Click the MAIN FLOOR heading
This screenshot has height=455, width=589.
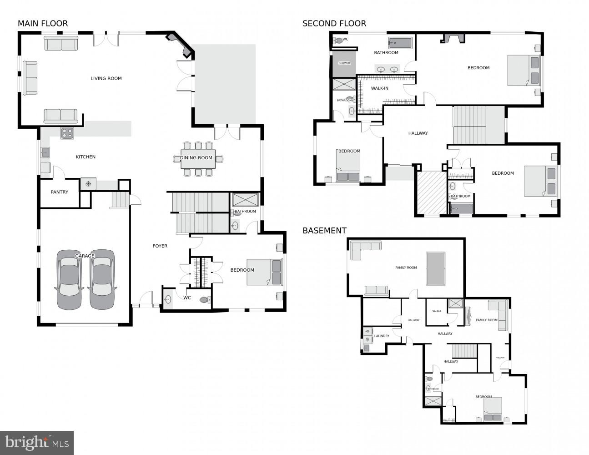coord(43,24)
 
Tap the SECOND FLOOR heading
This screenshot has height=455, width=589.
coord(334,24)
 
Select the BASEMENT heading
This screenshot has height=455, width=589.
coord(324,231)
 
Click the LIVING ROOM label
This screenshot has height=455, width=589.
coord(106,78)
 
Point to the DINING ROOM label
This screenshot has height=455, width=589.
coord(196,158)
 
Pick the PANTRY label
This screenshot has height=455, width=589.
coord(60,192)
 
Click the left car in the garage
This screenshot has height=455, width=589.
coord(69,279)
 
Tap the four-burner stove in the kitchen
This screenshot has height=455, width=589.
coord(67,133)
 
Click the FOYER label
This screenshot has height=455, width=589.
coord(160,246)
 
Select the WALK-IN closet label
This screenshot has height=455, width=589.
coord(379,88)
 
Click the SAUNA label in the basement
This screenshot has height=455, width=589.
coord(437,311)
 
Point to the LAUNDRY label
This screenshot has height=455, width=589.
coord(381,336)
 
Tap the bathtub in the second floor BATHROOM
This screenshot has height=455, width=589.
coord(400,43)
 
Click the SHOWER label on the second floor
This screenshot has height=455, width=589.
coord(344,63)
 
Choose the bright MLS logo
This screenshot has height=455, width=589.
coord(37,442)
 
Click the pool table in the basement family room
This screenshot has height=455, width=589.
coord(436,268)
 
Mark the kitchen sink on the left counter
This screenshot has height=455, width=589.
coord(45,152)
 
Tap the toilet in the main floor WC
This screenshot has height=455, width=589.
coord(205,299)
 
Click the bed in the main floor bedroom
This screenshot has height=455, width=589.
coord(264,272)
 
